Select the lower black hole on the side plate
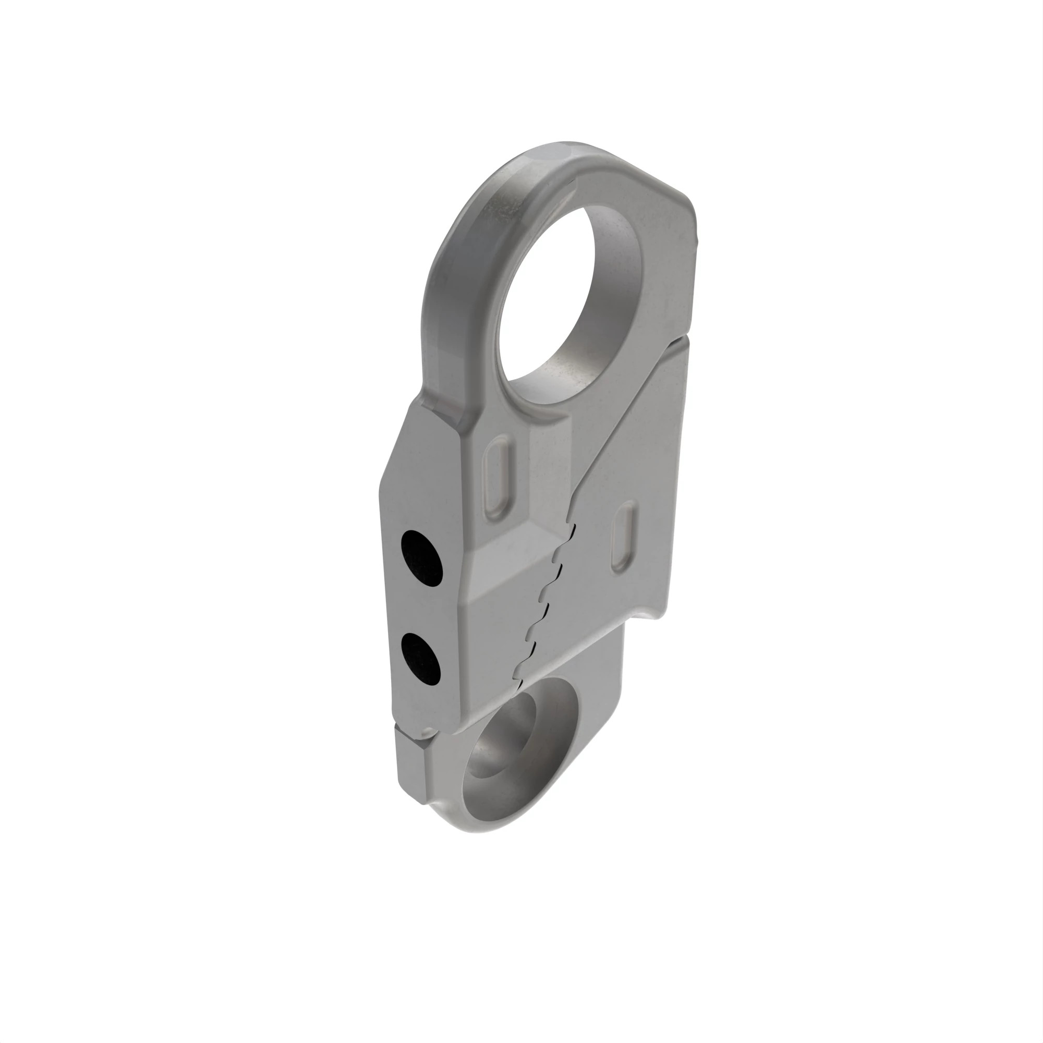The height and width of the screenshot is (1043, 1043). (421, 659)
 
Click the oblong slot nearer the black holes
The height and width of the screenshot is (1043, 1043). (497, 476)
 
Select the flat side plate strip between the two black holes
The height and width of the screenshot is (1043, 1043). (421, 609)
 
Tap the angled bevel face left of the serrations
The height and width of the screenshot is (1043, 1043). (507, 583)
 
